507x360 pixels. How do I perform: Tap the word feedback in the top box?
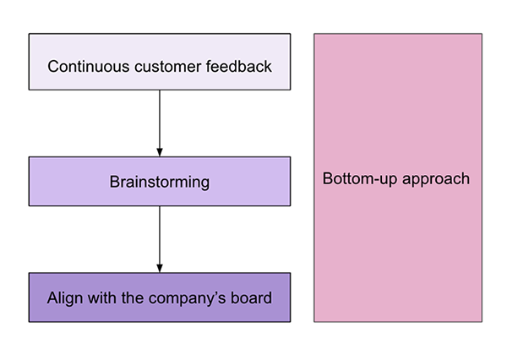point(239,66)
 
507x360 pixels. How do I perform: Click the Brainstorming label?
point(160,182)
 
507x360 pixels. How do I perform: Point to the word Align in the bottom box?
point(64,297)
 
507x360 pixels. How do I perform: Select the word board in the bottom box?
point(253,297)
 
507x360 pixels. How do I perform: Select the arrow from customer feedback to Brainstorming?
point(160,118)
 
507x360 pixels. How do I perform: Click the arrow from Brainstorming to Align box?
point(160,237)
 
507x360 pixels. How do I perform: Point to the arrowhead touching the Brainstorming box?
point(160,151)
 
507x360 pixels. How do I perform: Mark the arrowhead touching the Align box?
point(160,268)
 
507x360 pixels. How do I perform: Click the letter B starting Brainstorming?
point(115,182)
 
